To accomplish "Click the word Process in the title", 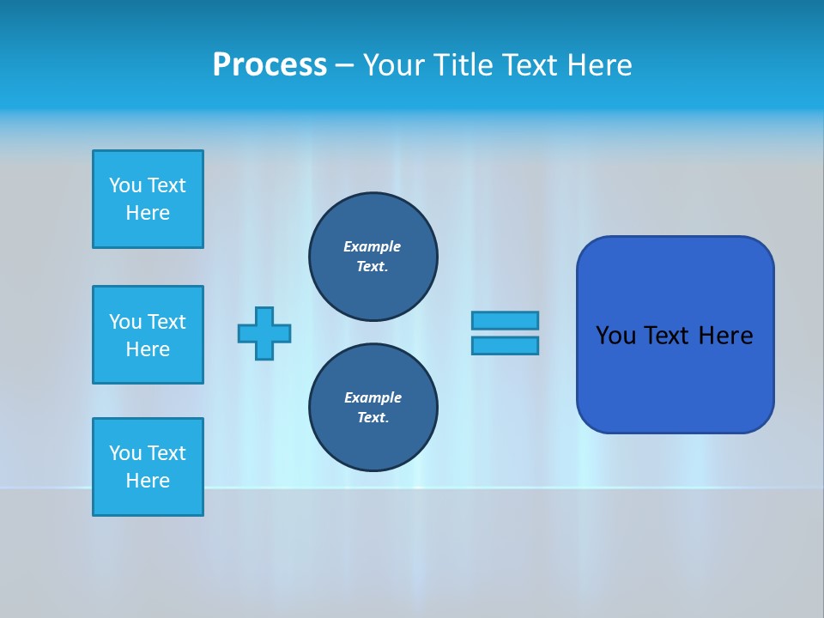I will tap(270, 65).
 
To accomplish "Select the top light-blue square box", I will tap(148, 199).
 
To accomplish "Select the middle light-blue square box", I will tap(148, 335).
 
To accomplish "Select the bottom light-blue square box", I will tap(148, 467).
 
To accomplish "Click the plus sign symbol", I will tap(264, 333).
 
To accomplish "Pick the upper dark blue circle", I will tap(373, 256).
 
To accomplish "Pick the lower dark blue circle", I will tap(373, 407).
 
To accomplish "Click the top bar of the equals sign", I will tap(505, 320).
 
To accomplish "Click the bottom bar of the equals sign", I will tap(505, 345).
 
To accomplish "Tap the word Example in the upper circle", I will tap(373, 246).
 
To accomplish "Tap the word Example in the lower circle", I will tap(373, 397).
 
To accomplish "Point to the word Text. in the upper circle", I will tap(373, 266).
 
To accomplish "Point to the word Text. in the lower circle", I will tap(373, 417).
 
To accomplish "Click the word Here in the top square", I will tap(148, 213).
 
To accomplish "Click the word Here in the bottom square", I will tap(148, 481).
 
